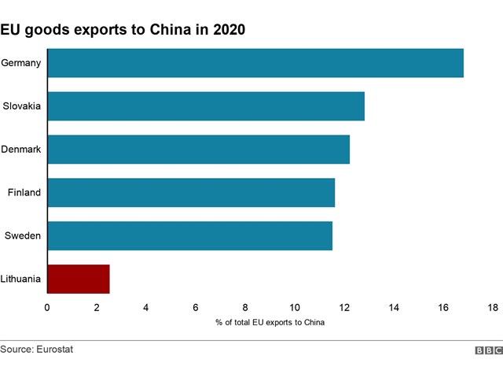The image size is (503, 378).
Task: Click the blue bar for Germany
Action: point(255,63)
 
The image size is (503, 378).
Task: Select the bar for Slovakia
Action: point(206,106)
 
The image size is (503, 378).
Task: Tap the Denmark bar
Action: point(198,149)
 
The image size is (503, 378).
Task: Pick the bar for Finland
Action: point(191,192)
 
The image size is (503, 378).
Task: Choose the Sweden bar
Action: point(189,235)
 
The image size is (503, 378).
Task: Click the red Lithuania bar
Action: point(79,279)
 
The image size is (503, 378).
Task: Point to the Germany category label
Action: point(21,63)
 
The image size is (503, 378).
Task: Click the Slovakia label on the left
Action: point(22,106)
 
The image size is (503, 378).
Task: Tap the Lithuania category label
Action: point(21,279)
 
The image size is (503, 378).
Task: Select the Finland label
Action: point(24,192)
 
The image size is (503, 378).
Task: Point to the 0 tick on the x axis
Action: point(47,307)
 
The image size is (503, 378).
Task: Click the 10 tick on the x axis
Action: point(295,307)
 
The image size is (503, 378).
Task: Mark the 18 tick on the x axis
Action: point(493,307)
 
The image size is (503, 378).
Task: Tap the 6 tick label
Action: point(196,307)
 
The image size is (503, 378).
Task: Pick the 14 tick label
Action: point(394,307)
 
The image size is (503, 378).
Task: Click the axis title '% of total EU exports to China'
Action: point(270,322)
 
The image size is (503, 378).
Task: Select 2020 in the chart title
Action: point(226,31)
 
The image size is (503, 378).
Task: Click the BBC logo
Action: point(488,350)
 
